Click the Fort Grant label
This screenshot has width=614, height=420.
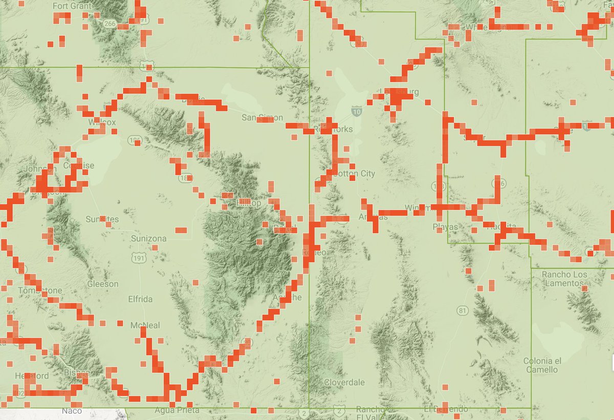pyautogui.click(x=72, y=7)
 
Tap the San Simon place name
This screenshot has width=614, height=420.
pyautogui.click(x=262, y=118)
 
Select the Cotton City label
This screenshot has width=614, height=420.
pyautogui.click(x=354, y=174)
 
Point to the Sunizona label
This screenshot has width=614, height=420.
pyautogui.click(x=149, y=239)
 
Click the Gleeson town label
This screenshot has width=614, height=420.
pyautogui.click(x=103, y=284)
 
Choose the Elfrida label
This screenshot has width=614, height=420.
pyautogui.click(x=140, y=299)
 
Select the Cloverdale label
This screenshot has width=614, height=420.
pyautogui.click(x=345, y=383)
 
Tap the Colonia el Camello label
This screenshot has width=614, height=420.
pyautogui.click(x=547, y=365)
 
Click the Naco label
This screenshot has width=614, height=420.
pyautogui.click(x=71, y=411)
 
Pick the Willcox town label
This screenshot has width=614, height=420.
pyautogui.click(x=102, y=122)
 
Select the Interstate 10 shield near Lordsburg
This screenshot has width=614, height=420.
pyautogui.click(x=357, y=110)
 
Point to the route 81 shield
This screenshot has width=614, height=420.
pyautogui.click(x=464, y=310)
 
